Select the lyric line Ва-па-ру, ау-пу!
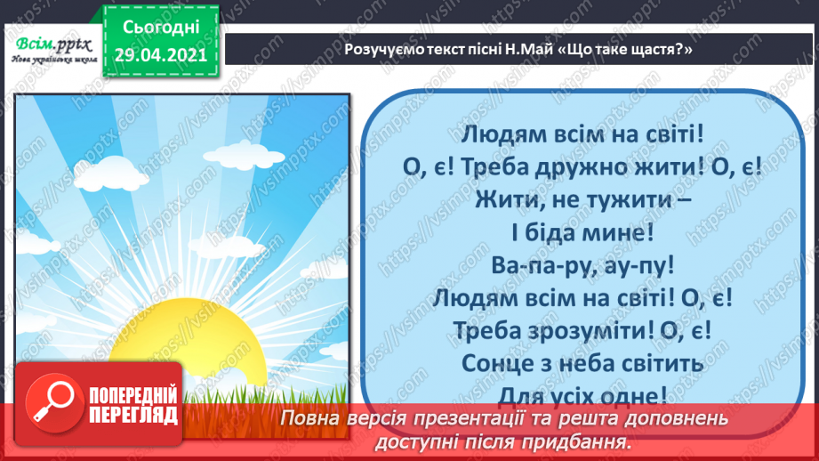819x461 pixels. click(x=582, y=264)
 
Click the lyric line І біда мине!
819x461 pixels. click(x=584, y=232)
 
